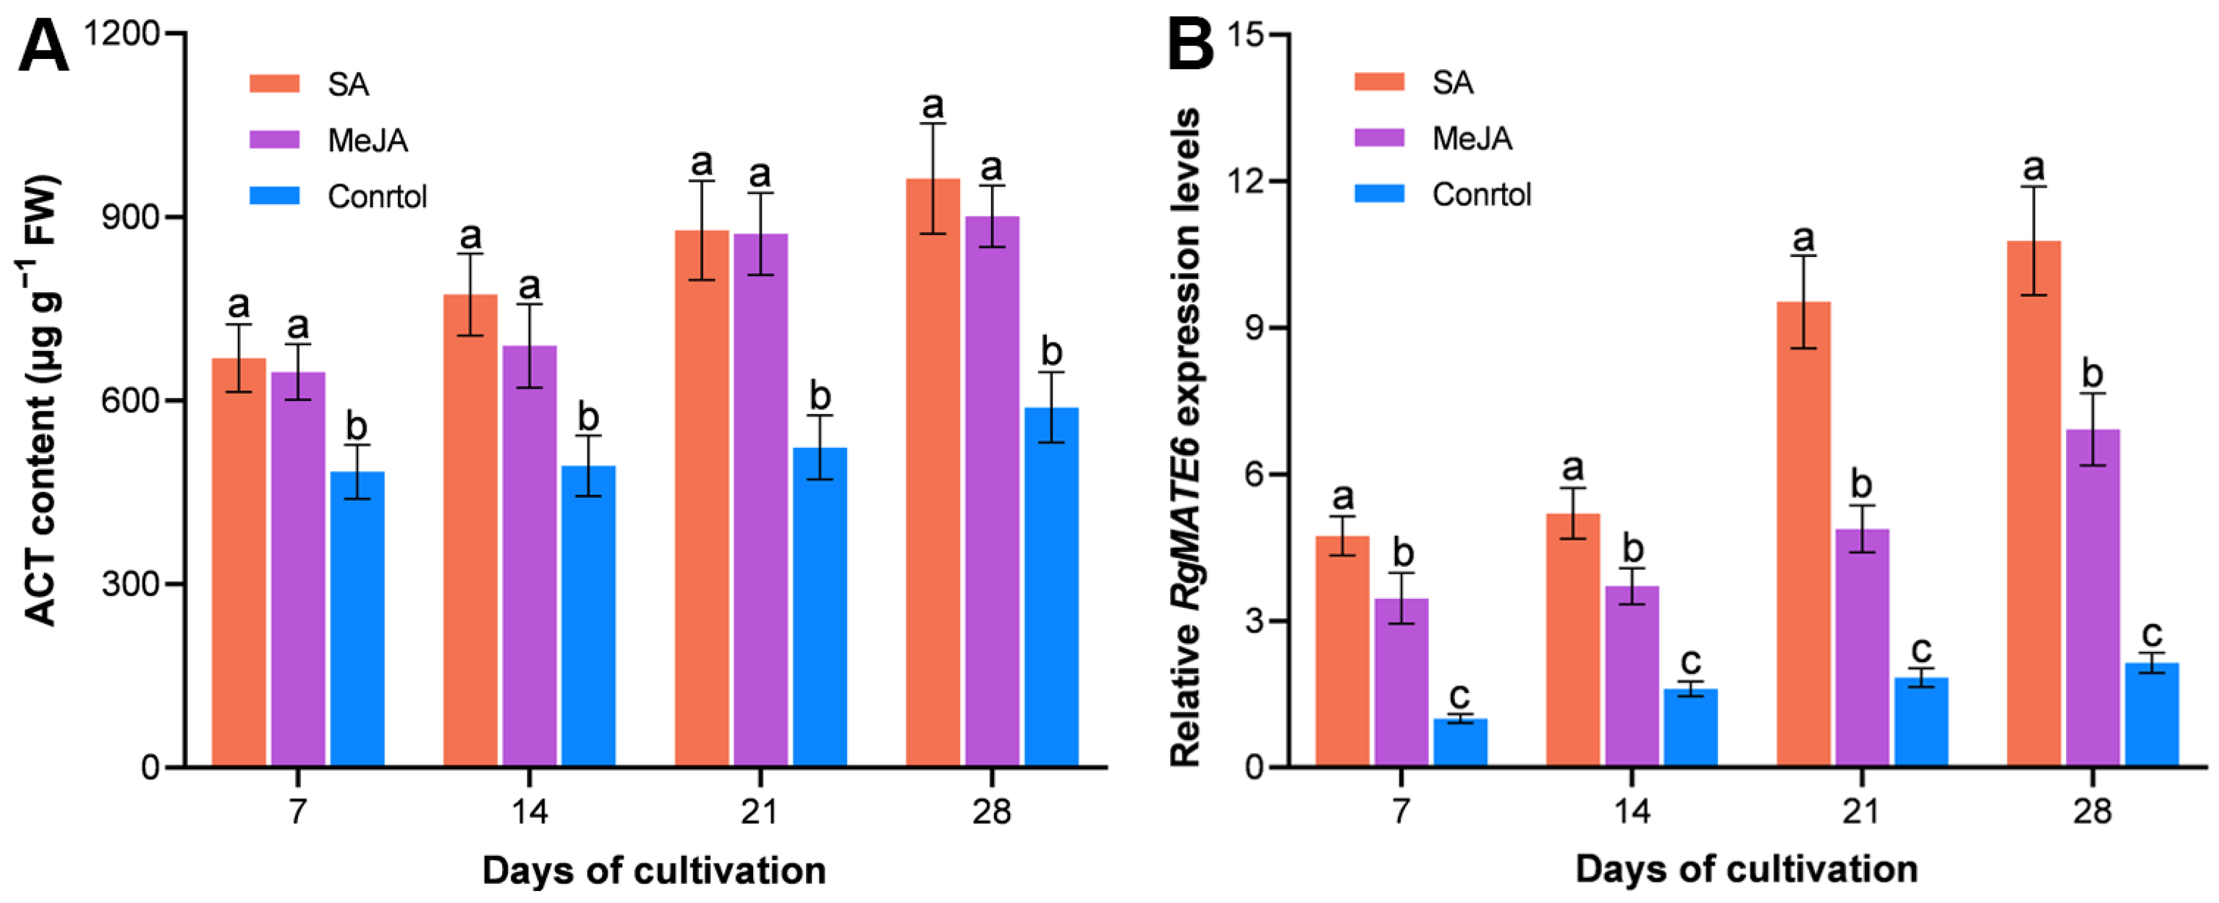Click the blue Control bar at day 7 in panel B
1460,743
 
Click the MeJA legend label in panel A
368,140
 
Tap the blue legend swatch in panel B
1379,194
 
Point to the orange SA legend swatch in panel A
275,84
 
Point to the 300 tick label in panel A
130,584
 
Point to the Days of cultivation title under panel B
1746,869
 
